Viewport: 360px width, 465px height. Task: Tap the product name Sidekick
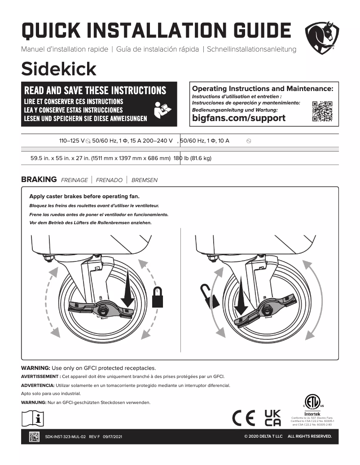pyautogui.click(x=59, y=69)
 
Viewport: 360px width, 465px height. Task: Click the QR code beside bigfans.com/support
pyautogui.click(x=322, y=111)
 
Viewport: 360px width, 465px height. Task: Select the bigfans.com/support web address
pyautogui.click(x=238, y=118)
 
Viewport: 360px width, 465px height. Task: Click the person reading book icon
pyautogui.click(x=162, y=109)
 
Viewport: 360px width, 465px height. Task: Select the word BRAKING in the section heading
pyautogui.click(x=39, y=179)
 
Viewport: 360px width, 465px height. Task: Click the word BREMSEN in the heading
pyautogui.click(x=145, y=180)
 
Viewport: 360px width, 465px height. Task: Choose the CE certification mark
pyautogui.click(x=244, y=418)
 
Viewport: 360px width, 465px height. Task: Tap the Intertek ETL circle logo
pyautogui.click(x=312, y=401)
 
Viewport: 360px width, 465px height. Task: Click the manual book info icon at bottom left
pyautogui.click(x=33, y=418)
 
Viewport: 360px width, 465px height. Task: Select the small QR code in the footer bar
pyautogui.click(x=35, y=436)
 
